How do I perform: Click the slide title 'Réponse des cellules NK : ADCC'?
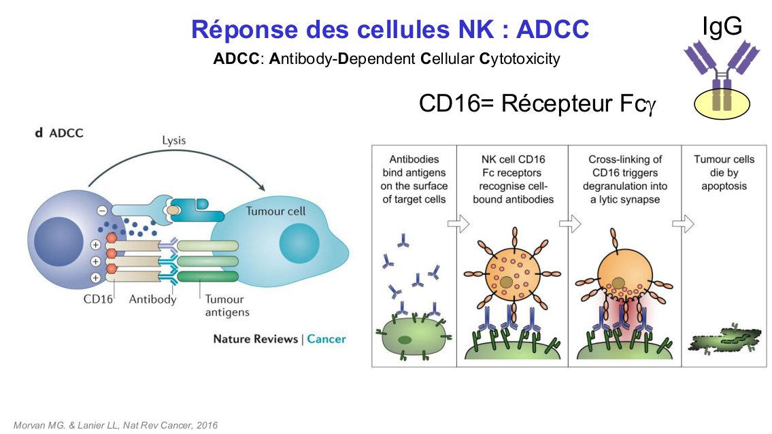pyautogui.click(x=390, y=29)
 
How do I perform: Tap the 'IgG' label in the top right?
pyautogui.click(x=722, y=25)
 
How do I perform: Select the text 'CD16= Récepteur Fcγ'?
pyautogui.click(x=537, y=103)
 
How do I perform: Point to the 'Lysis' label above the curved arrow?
pyautogui.click(x=173, y=141)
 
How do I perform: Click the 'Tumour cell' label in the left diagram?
pyautogui.click(x=275, y=211)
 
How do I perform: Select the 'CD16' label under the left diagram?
pyautogui.click(x=98, y=299)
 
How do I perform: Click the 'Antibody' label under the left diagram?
pyautogui.click(x=152, y=299)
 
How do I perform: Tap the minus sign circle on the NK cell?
pyautogui.click(x=101, y=211)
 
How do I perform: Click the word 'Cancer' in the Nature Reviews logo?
pyautogui.click(x=326, y=339)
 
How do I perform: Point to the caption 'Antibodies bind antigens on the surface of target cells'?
pyautogui.click(x=414, y=179)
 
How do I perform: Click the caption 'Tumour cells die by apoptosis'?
pyautogui.click(x=724, y=172)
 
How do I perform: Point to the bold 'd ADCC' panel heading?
pyautogui.click(x=59, y=133)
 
